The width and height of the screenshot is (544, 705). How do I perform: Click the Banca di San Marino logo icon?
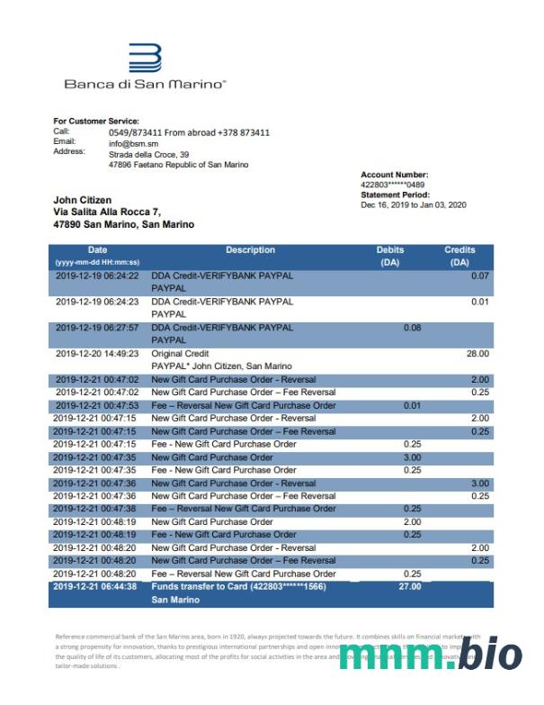145,59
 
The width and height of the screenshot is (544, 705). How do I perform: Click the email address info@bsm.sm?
134,143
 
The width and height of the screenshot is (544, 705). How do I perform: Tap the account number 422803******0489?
392,185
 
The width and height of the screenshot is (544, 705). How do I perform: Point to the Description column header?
250,250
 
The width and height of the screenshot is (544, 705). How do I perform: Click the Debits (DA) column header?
390,256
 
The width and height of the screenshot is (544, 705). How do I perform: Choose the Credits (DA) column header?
459,256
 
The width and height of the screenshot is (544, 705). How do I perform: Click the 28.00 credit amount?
477,354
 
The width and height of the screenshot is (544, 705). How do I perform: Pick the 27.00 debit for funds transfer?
409,586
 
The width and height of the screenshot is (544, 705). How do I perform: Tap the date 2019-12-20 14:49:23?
97,354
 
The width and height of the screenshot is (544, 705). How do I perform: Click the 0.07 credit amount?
479,276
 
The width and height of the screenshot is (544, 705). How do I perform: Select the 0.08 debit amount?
412,328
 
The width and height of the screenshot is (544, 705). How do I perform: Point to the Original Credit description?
180,354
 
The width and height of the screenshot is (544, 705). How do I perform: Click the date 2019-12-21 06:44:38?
94,586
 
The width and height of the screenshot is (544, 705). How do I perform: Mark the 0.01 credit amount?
479,302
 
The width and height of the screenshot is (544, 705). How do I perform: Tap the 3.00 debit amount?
412,457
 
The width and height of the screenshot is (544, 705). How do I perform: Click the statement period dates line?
414,204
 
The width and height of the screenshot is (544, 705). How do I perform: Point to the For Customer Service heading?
96,121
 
